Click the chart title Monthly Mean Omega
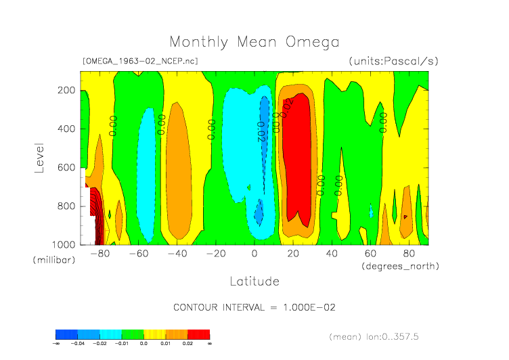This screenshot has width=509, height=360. click(x=254, y=42)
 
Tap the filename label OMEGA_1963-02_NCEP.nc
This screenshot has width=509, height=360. click(x=139, y=61)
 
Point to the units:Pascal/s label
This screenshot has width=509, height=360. click(x=393, y=61)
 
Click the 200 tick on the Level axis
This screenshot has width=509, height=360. click(x=66, y=90)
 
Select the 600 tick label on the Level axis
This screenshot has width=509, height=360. click(x=66, y=167)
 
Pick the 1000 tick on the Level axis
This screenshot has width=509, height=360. click(x=64, y=244)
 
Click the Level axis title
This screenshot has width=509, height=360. click(x=39, y=157)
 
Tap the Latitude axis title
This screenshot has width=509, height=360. click(x=254, y=280)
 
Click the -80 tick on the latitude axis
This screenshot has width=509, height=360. click(x=100, y=254)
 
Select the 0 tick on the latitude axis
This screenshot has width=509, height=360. click(x=255, y=254)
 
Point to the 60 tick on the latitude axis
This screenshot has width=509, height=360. click(x=370, y=254)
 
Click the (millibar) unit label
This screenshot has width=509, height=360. click(x=51, y=261)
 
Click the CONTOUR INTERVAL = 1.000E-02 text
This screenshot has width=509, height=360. click(x=254, y=307)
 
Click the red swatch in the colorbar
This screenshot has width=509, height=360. click(x=198, y=334)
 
